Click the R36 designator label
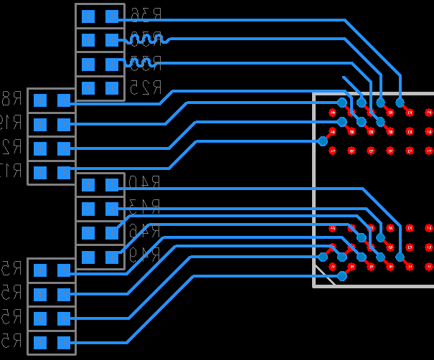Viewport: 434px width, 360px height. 146,14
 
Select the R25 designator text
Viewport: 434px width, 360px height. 146,87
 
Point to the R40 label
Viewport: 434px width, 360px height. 143,184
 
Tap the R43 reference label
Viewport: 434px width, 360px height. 143,208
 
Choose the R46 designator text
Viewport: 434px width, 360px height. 143,232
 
